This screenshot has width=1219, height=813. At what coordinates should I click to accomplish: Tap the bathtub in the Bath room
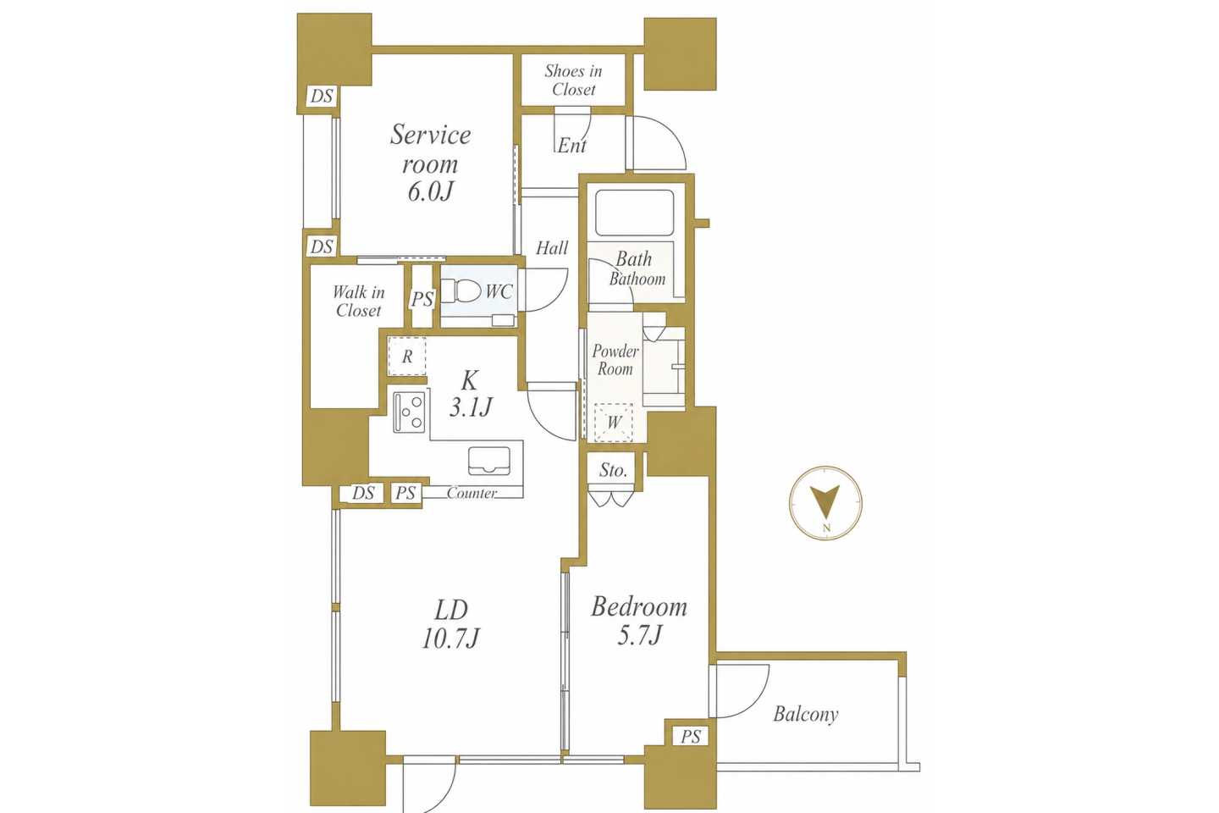coord(635,213)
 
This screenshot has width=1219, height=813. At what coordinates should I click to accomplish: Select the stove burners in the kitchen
coord(409,412)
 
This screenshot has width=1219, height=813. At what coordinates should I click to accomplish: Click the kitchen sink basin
coord(489,461)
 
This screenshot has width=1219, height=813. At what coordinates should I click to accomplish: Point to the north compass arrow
coord(825,502)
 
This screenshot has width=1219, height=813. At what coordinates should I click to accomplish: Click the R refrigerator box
coord(406,357)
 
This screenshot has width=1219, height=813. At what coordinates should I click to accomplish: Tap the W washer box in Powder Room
coord(613,422)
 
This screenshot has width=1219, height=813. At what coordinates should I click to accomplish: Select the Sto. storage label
coord(613,470)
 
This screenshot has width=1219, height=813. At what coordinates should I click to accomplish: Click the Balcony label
coord(805,714)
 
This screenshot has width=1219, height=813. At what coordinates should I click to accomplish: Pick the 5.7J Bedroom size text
coord(639,635)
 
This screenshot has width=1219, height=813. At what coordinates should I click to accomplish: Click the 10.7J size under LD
coord(450,638)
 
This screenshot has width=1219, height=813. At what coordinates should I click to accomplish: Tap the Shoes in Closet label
coord(574,80)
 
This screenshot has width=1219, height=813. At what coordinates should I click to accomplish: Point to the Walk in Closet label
coord(359,301)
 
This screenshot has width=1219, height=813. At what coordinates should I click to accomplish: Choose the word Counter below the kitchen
coord(472,493)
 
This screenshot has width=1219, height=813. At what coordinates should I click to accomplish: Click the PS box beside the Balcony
coord(691,737)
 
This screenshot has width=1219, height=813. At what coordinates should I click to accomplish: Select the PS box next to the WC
coord(422,299)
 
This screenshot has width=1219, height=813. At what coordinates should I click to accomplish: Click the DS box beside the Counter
coord(363,493)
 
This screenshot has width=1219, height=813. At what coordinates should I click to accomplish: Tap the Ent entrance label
coord(572,146)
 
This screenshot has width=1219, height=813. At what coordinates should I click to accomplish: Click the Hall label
coord(552,248)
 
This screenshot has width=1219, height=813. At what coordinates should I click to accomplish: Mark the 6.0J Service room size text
coord(430,191)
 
